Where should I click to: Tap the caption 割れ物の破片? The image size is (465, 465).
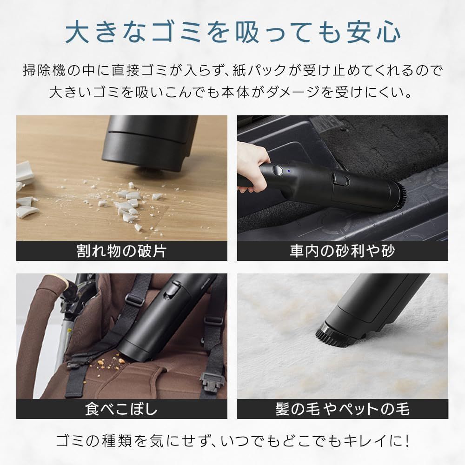click(121, 251)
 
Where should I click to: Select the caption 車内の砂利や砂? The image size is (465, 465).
click(342, 251)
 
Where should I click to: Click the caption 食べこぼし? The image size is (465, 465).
click(121, 409)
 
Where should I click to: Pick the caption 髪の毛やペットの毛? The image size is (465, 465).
click(342, 409)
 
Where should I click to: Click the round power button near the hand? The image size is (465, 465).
click(277, 171)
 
